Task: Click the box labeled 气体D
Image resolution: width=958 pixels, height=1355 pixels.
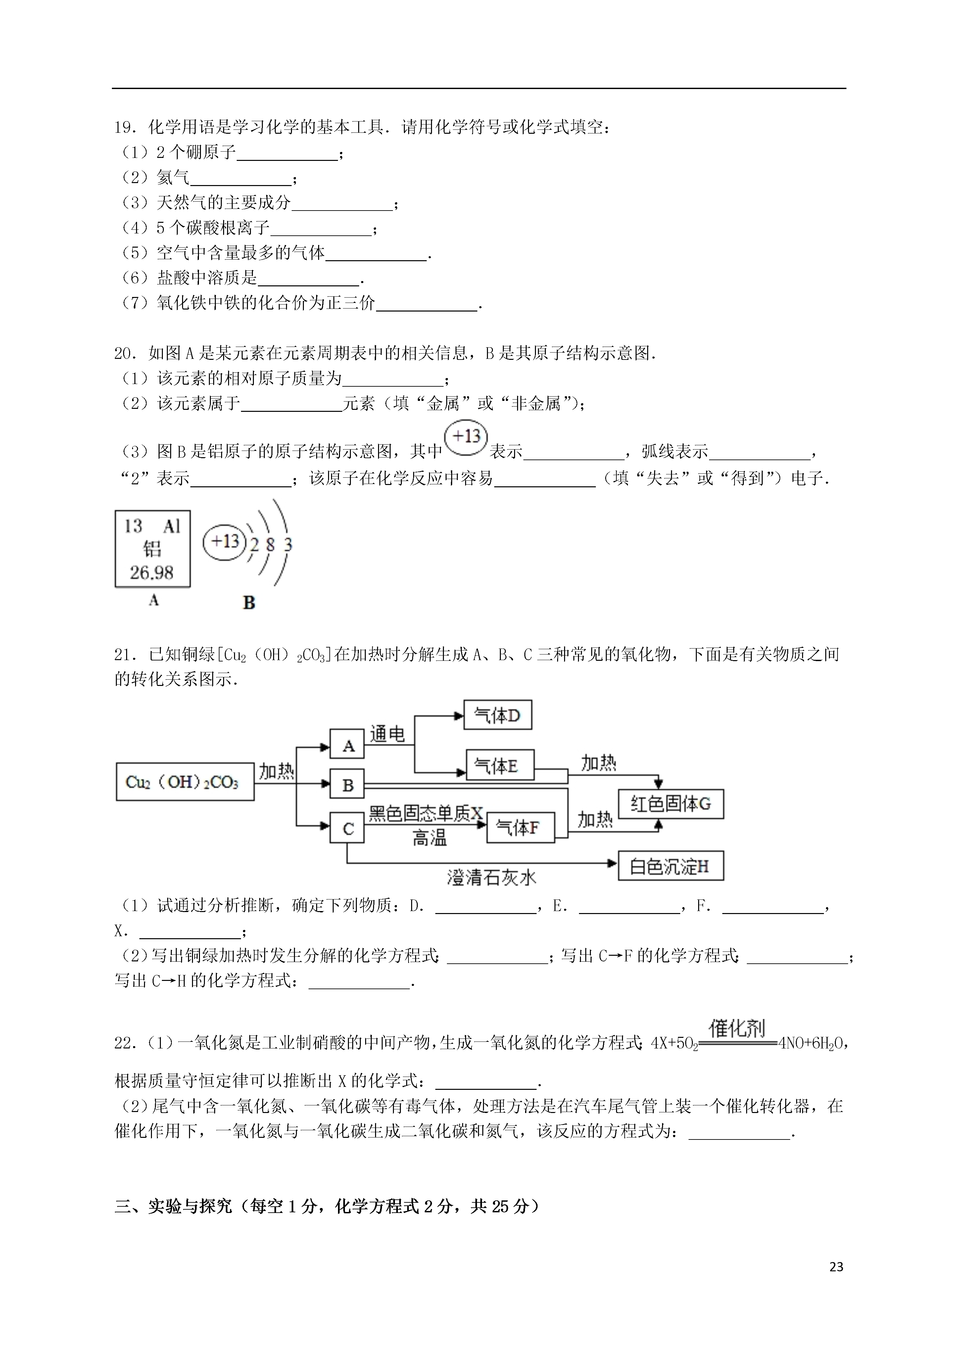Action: tap(498, 715)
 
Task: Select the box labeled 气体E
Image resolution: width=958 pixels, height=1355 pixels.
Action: tap(500, 765)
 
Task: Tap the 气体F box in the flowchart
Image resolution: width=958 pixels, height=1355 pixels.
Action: tap(520, 827)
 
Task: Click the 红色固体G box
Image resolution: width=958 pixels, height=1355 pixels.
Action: tap(671, 804)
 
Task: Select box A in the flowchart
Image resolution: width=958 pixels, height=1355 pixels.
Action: tap(347, 745)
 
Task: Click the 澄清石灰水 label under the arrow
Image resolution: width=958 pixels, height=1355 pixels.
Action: tap(491, 878)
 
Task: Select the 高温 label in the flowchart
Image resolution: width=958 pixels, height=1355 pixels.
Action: tap(429, 838)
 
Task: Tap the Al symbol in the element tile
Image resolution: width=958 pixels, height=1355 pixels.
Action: tap(171, 526)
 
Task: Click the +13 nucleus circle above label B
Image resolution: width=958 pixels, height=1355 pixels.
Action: tap(225, 541)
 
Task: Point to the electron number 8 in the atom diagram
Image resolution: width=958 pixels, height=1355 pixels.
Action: tap(270, 544)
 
